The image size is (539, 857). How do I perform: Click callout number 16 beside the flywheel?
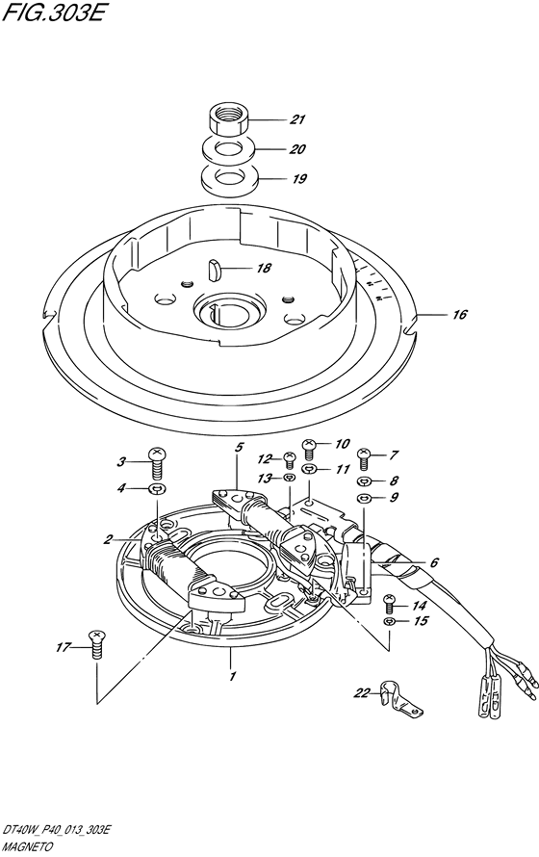pyautogui.click(x=460, y=314)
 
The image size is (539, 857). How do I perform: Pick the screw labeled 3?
pyautogui.click(x=157, y=462)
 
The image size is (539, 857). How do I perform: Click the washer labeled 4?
pyautogui.click(x=157, y=488)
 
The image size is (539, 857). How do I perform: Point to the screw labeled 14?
pyautogui.click(x=389, y=604)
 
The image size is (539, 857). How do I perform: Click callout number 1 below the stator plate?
pyautogui.click(x=232, y=677)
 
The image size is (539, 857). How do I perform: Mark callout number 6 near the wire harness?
pyautogui.click(x=434, y=561)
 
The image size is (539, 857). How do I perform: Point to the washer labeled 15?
pyautogui.click(x=388, y=621)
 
